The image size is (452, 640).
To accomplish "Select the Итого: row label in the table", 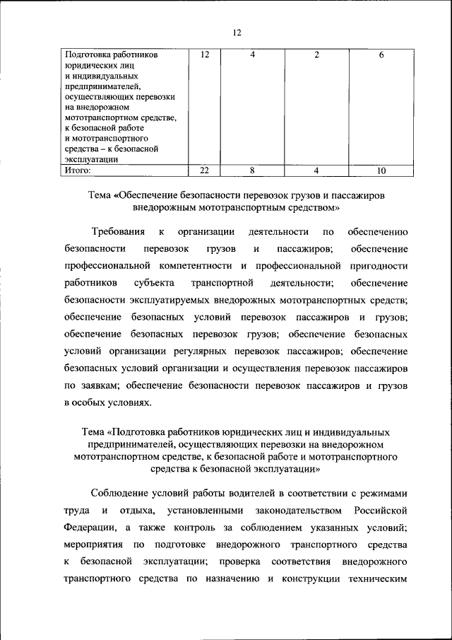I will [x=79, y=170].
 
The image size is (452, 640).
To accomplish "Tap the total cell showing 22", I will [x=205, y=170].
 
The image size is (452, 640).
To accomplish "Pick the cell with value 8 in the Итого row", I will [x=251, y=170].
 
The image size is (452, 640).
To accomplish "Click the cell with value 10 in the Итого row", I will [x=381, y=170].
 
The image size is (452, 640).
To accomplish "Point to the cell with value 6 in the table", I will [x=381, y=55].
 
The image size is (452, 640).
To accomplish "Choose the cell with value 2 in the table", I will [x=317, y=55].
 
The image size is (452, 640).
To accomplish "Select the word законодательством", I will [x=282, y=510].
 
